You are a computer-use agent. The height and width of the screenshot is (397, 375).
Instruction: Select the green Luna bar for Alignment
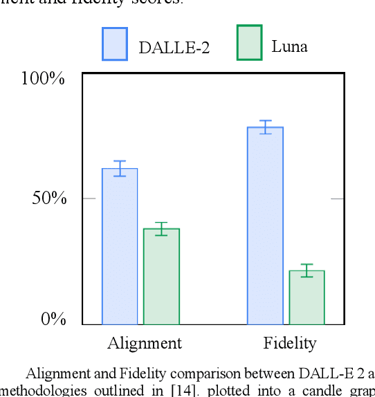tap(161, 277)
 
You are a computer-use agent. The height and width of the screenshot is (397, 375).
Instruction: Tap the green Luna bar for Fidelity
tap(307, 297)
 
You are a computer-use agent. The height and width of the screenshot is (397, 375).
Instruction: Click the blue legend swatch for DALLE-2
tap(115, 44)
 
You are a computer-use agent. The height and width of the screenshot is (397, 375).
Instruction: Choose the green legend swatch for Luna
tap(249, 43)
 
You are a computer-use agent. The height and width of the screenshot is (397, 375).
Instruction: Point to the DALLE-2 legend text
tap(174, 47)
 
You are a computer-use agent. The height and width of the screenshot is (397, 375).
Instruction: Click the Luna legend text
tap(289, 46)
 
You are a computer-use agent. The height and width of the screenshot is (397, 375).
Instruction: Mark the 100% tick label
tap(43, 78)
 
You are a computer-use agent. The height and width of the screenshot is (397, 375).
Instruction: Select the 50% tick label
tap(48, 198)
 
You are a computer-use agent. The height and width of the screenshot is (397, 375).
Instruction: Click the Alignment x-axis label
tap(145, 343)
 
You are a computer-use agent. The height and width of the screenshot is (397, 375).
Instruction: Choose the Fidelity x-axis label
tap(290, 343)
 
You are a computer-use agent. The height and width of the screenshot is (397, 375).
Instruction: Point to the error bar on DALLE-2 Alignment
tap(120, 168)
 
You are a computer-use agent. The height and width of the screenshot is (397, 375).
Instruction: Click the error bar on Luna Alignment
tap(161, 229)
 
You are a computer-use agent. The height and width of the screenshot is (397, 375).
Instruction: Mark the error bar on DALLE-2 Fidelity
tap(265, 127)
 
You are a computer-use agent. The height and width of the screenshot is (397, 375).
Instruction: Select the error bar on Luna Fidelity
tap(307, 270)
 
